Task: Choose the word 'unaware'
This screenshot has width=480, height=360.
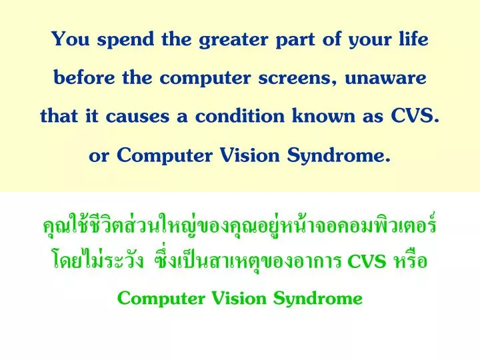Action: [389, 79]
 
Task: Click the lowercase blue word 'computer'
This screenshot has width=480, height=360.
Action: [211, 79]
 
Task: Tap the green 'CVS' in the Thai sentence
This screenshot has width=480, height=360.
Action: [368, 261]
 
